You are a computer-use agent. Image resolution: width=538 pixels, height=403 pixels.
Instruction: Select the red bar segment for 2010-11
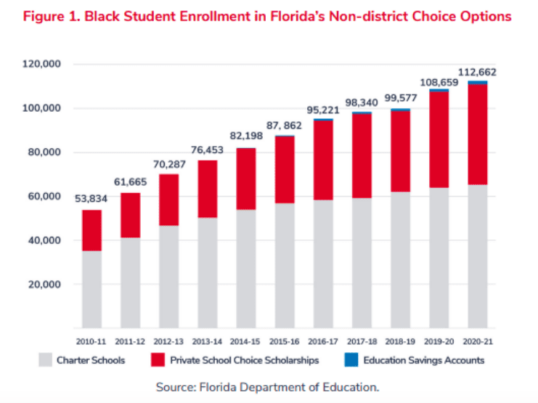pos(91,230)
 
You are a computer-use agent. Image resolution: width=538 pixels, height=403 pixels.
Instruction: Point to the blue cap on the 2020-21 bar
pos(477,82)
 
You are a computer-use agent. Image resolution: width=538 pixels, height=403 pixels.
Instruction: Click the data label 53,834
pos(91,200)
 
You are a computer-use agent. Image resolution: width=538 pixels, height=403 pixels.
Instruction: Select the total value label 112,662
pos(477,71)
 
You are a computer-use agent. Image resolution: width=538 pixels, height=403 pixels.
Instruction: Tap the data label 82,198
pos(245,137)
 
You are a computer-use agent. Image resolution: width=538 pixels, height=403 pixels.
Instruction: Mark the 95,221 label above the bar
pos(323,110)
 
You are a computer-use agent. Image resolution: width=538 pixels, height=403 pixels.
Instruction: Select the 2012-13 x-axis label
pos(168,339)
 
